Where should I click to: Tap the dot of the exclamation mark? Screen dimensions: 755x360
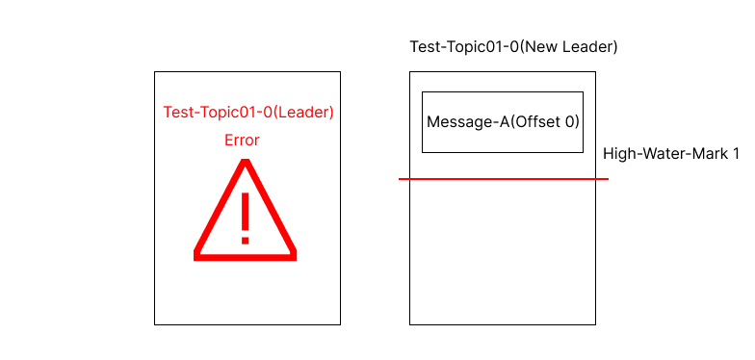[246, 238]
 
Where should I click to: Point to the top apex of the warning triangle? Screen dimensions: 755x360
[246, 163]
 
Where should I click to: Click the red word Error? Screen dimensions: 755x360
[242, 141]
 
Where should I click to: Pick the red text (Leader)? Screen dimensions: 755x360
[303, 113]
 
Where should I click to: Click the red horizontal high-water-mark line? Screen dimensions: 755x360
[501, 179]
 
